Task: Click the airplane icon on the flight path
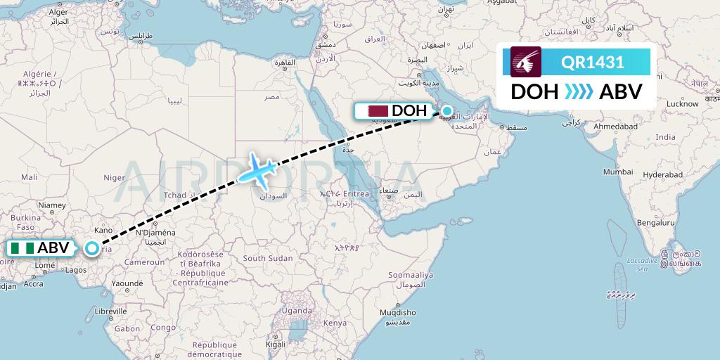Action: pyautogui.click(x=257, y=168)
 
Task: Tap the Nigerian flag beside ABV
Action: pyautogui.click(x=22, y=248)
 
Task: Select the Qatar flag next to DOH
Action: pyautogui.click(x=378, y=111)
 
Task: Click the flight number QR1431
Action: pyautogui.click(x=593, y=63)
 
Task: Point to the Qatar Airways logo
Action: pyautogui.click(x=526, y=62)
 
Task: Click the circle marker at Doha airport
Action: pyautogui.click(x=446, y=110)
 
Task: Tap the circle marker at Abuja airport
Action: pyautogui.click(x=91, y=247)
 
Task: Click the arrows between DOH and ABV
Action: pyautogui.click(x=579, y=91)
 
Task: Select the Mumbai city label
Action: pyautogui.click(x=618, y=172)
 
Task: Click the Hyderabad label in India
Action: pyautogui.click(x=662, y=174)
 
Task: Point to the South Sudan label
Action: pyautogui.click(x=267, y=259)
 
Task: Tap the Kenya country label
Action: pyautogui.click(x=335, y=323)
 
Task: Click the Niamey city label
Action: pyautogui.click(x=51, y=205)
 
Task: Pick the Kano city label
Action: pyautogui.click(x=104, y=230)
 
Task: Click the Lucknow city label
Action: pyautogui.click(x=682, y=103)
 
